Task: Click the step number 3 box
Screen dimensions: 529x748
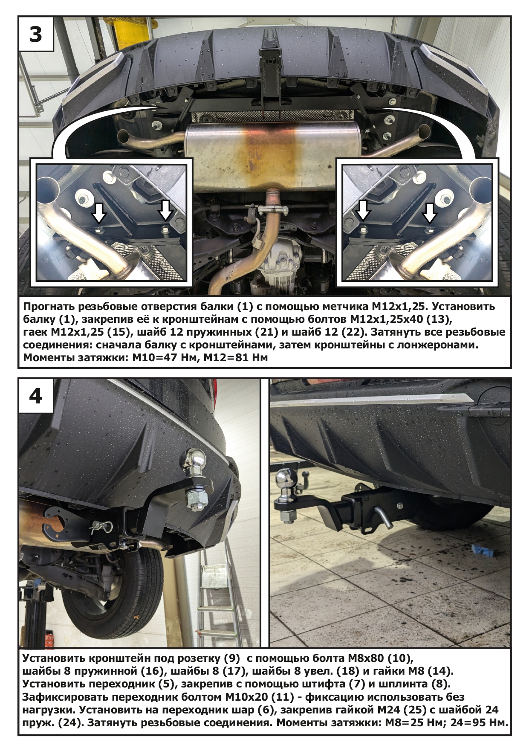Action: coord(36,34)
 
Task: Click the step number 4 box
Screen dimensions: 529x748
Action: coord(36,396)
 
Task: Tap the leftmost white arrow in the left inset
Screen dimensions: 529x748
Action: coord(99,212)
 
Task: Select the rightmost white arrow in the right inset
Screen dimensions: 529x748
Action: coord(430,212)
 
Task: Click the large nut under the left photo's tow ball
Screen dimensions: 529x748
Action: coord(196,498)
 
